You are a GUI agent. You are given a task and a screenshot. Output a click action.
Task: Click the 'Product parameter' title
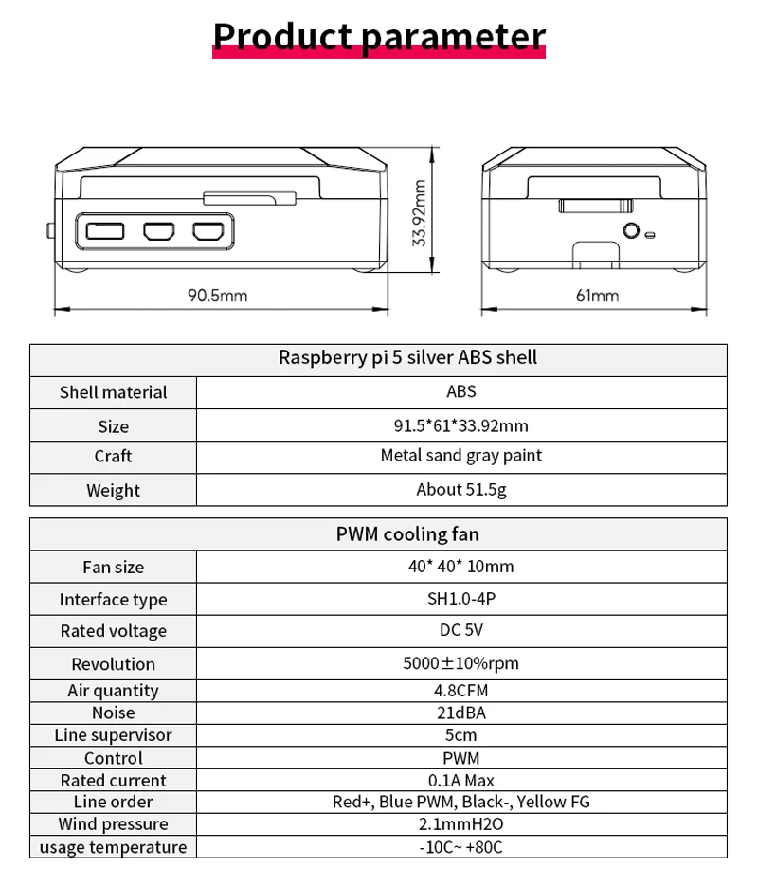[x=379, y=36]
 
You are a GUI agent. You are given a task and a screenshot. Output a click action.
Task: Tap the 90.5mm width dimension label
[x=217, y=296]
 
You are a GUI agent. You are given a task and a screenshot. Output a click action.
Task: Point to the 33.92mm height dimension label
[x=421, y=213]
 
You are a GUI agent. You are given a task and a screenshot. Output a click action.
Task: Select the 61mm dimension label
[x=597, y=296]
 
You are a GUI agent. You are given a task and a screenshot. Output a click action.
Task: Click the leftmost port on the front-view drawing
[x=104, y=230]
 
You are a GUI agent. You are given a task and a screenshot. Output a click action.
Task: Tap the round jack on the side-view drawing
[x=629, y=230]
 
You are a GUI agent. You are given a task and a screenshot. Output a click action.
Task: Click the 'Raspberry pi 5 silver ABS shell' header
[x=407, y=358]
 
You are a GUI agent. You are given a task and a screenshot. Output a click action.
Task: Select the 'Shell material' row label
[x=113, y=392]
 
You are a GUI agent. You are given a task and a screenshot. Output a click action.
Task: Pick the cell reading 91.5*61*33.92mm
[x=461, y=425]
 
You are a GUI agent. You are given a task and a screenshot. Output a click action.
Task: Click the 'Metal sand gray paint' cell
[x=461, y=456]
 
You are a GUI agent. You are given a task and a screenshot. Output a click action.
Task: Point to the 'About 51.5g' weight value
[x=461, y=490]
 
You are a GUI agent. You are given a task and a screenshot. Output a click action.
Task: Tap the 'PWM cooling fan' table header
[x=407, y=534]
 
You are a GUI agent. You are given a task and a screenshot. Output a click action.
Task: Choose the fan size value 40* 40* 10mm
[x=461, y=567]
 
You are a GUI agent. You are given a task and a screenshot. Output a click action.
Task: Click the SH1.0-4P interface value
[x=461, y=599]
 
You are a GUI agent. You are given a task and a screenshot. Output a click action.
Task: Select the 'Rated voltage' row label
[x=113, y=631]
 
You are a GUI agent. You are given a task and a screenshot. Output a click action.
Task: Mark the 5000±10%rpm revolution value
[x=461, y=663]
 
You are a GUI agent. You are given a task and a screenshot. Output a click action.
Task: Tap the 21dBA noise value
[x=461, y=713]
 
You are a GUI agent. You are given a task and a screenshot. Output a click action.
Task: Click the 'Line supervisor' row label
[x=113, y=735]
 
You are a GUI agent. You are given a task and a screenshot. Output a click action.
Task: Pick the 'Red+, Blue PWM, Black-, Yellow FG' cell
[x=461, y=802]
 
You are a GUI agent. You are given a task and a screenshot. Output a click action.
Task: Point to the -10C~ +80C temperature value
[x=461, y=847]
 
